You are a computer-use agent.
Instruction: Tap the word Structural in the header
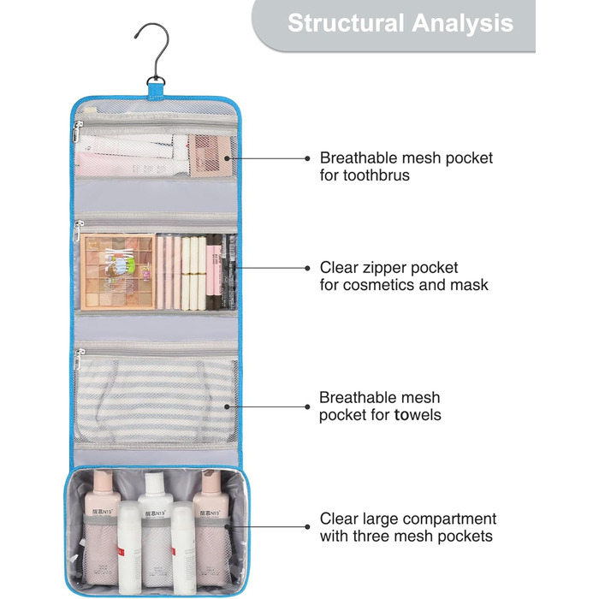tap(346, 23)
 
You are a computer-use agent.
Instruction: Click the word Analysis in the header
tap(462, 24)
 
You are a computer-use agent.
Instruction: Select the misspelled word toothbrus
tap(376, 175)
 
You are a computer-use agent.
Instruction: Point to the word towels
tap(418, 415)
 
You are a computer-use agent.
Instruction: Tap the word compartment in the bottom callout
tap(449, 519)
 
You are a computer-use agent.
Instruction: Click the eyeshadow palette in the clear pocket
tap(118, 272)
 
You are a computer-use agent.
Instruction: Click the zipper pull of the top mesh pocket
tap(78, 131)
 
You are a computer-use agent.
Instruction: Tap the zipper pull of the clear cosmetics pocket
tap(78, 232)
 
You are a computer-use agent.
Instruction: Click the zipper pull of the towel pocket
tap(78, 360)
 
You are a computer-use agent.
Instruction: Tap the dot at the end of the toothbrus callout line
tap(307, 158)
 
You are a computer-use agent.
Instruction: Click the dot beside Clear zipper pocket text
tap(307, 268)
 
